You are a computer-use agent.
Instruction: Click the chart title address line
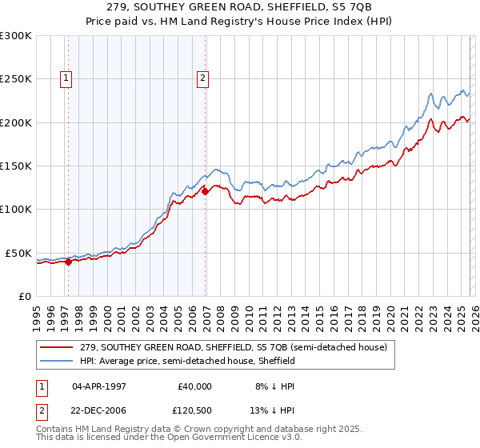pos(239,8)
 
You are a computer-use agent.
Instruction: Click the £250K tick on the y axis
pos(16,79)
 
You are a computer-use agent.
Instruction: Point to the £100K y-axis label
pos(16,209)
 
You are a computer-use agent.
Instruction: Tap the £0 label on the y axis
pos(24,296)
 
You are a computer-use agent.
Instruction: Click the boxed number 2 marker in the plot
pos(203,78)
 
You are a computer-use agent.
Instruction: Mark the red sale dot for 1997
pos(68,261)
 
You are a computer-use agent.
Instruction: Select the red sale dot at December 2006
pos(206,191)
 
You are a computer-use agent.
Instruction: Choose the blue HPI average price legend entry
pos(187,361)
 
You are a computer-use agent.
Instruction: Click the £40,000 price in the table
pos(193,386)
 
